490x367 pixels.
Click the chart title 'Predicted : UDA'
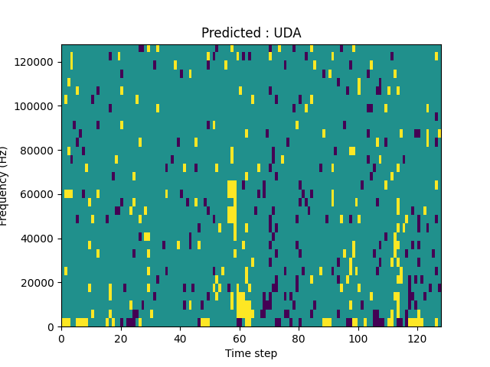[251, 33]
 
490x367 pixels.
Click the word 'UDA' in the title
[287, 33]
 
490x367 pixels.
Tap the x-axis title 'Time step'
[251, 353]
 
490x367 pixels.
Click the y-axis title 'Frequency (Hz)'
[5, 186]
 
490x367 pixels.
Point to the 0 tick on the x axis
[61, 338]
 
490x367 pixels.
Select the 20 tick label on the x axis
[120, 338]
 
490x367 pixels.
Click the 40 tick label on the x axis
[180, 338]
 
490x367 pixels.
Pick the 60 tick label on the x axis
[239, 338]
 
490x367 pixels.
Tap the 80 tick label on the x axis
[299, 338]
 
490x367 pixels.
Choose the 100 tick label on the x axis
[358, 338]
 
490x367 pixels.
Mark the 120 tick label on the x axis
[417, 338]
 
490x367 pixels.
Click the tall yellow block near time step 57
[232, 202]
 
